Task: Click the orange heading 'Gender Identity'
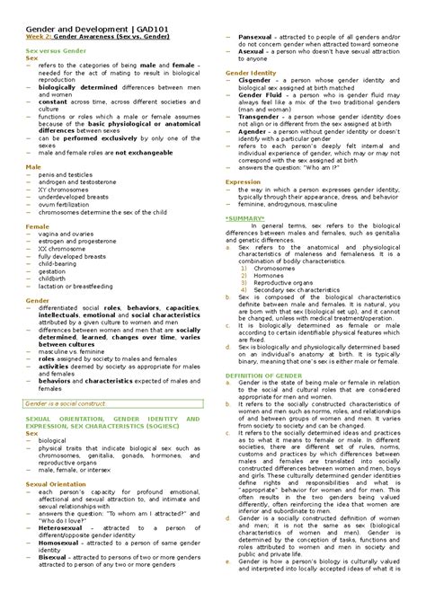coord(251,71)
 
